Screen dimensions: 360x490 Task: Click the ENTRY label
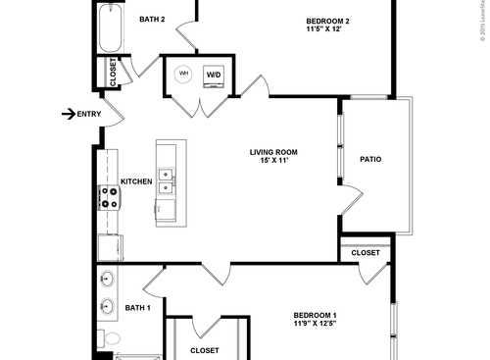coord(89,115)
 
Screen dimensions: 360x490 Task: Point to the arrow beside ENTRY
coord(68,115)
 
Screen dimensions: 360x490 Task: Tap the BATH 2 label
coord(152,20)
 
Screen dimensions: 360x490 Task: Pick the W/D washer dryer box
coord(214,76)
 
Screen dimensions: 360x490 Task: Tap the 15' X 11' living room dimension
coord(273,162)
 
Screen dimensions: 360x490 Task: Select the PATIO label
coord(370,158)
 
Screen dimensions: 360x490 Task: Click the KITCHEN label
coord(135,181)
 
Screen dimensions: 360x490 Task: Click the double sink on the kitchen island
coord(167,181)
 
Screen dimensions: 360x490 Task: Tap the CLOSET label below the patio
coord(366,253)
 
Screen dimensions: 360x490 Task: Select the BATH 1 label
coord(138,308)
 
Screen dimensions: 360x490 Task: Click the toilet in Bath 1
coord(110,339)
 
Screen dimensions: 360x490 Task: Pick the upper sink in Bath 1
coord(107,280)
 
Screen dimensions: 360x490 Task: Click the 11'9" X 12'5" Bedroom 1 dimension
coord(315,325)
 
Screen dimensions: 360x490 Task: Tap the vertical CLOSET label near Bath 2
coord(113,73)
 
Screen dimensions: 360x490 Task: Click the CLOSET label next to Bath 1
coord(204,350)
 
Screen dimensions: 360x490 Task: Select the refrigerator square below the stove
coord(107,247)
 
